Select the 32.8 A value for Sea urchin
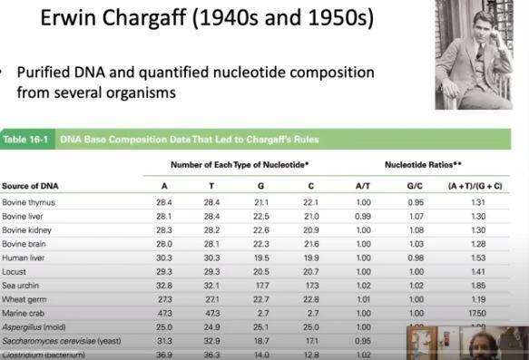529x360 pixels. coord(163,286)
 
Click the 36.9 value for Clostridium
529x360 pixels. coord(163,354)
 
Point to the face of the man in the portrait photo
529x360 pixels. coord(473,24)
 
